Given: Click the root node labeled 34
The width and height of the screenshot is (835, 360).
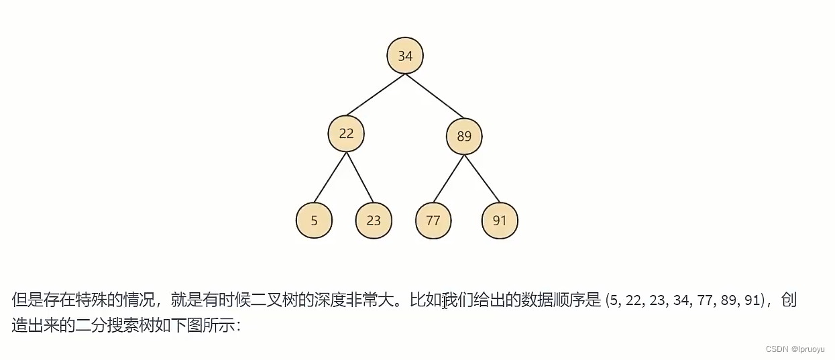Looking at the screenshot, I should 405,56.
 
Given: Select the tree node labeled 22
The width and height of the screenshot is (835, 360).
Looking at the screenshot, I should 346,133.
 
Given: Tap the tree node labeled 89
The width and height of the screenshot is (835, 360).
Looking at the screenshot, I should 464,137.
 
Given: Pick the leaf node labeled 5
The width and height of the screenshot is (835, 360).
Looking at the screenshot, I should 314,220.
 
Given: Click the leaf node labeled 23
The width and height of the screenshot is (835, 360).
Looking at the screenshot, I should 374,220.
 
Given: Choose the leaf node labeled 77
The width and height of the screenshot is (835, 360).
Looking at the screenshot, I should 433,220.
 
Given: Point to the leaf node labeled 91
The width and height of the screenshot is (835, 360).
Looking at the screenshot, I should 500,220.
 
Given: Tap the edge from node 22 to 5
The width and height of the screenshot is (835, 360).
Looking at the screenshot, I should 331,177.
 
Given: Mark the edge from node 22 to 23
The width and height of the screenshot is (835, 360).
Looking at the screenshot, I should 359,177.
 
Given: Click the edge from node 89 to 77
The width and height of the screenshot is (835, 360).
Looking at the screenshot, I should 448,179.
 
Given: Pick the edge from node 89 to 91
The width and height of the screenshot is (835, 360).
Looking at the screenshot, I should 482,179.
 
